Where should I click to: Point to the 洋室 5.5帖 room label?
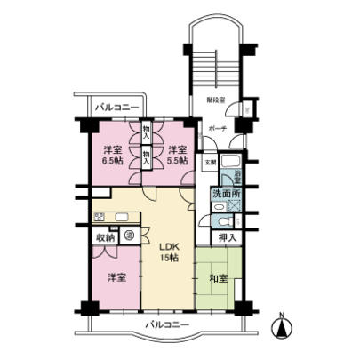pos(178,155)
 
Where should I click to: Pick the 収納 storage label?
pos(105,237)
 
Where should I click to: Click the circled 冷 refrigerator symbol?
pos(129,236)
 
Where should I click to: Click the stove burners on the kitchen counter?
pos(100,216)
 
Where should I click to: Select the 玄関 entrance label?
pos(210,163)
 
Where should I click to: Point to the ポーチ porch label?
pos(217,129)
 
